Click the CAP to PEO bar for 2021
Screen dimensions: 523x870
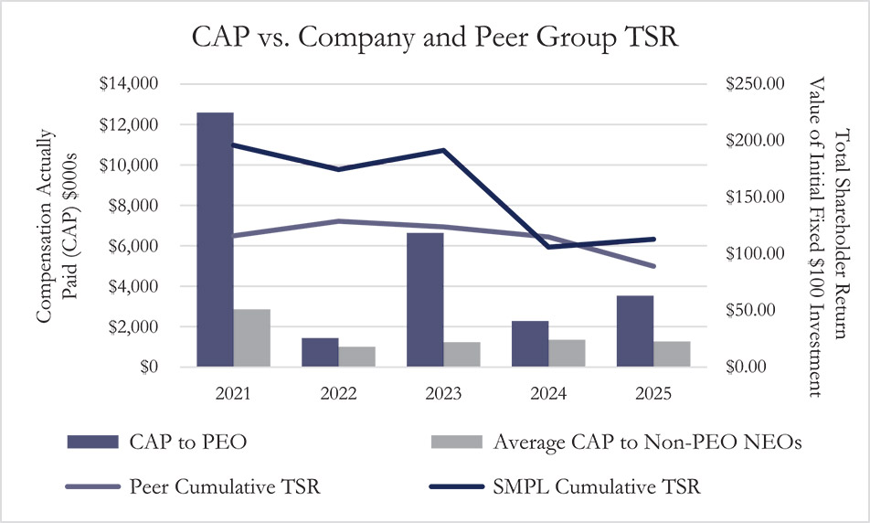coord(216,240)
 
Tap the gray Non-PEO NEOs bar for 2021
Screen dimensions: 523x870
coord(251,338)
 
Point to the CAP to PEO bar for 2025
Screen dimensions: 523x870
coord(635,331)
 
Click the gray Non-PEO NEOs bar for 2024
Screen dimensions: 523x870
coord(567,353)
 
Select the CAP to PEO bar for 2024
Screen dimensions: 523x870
coord(530,344)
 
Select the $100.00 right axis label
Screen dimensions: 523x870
coord(756,254)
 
